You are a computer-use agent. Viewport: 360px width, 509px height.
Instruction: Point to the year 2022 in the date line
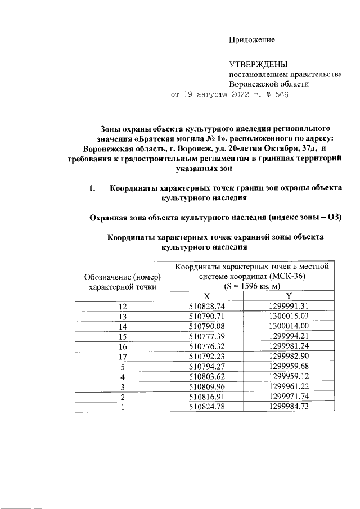pyautogui.click(x=242, y=94)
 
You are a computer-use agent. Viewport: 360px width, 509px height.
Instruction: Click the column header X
pyautogui.click(x=206, y=296)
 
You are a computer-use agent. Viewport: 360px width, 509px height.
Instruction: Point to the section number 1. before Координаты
pyautogui.click(x=92, y=188)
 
